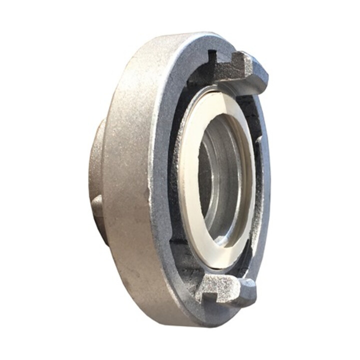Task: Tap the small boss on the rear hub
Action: [96, 205]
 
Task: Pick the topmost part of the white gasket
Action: [220, 93]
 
